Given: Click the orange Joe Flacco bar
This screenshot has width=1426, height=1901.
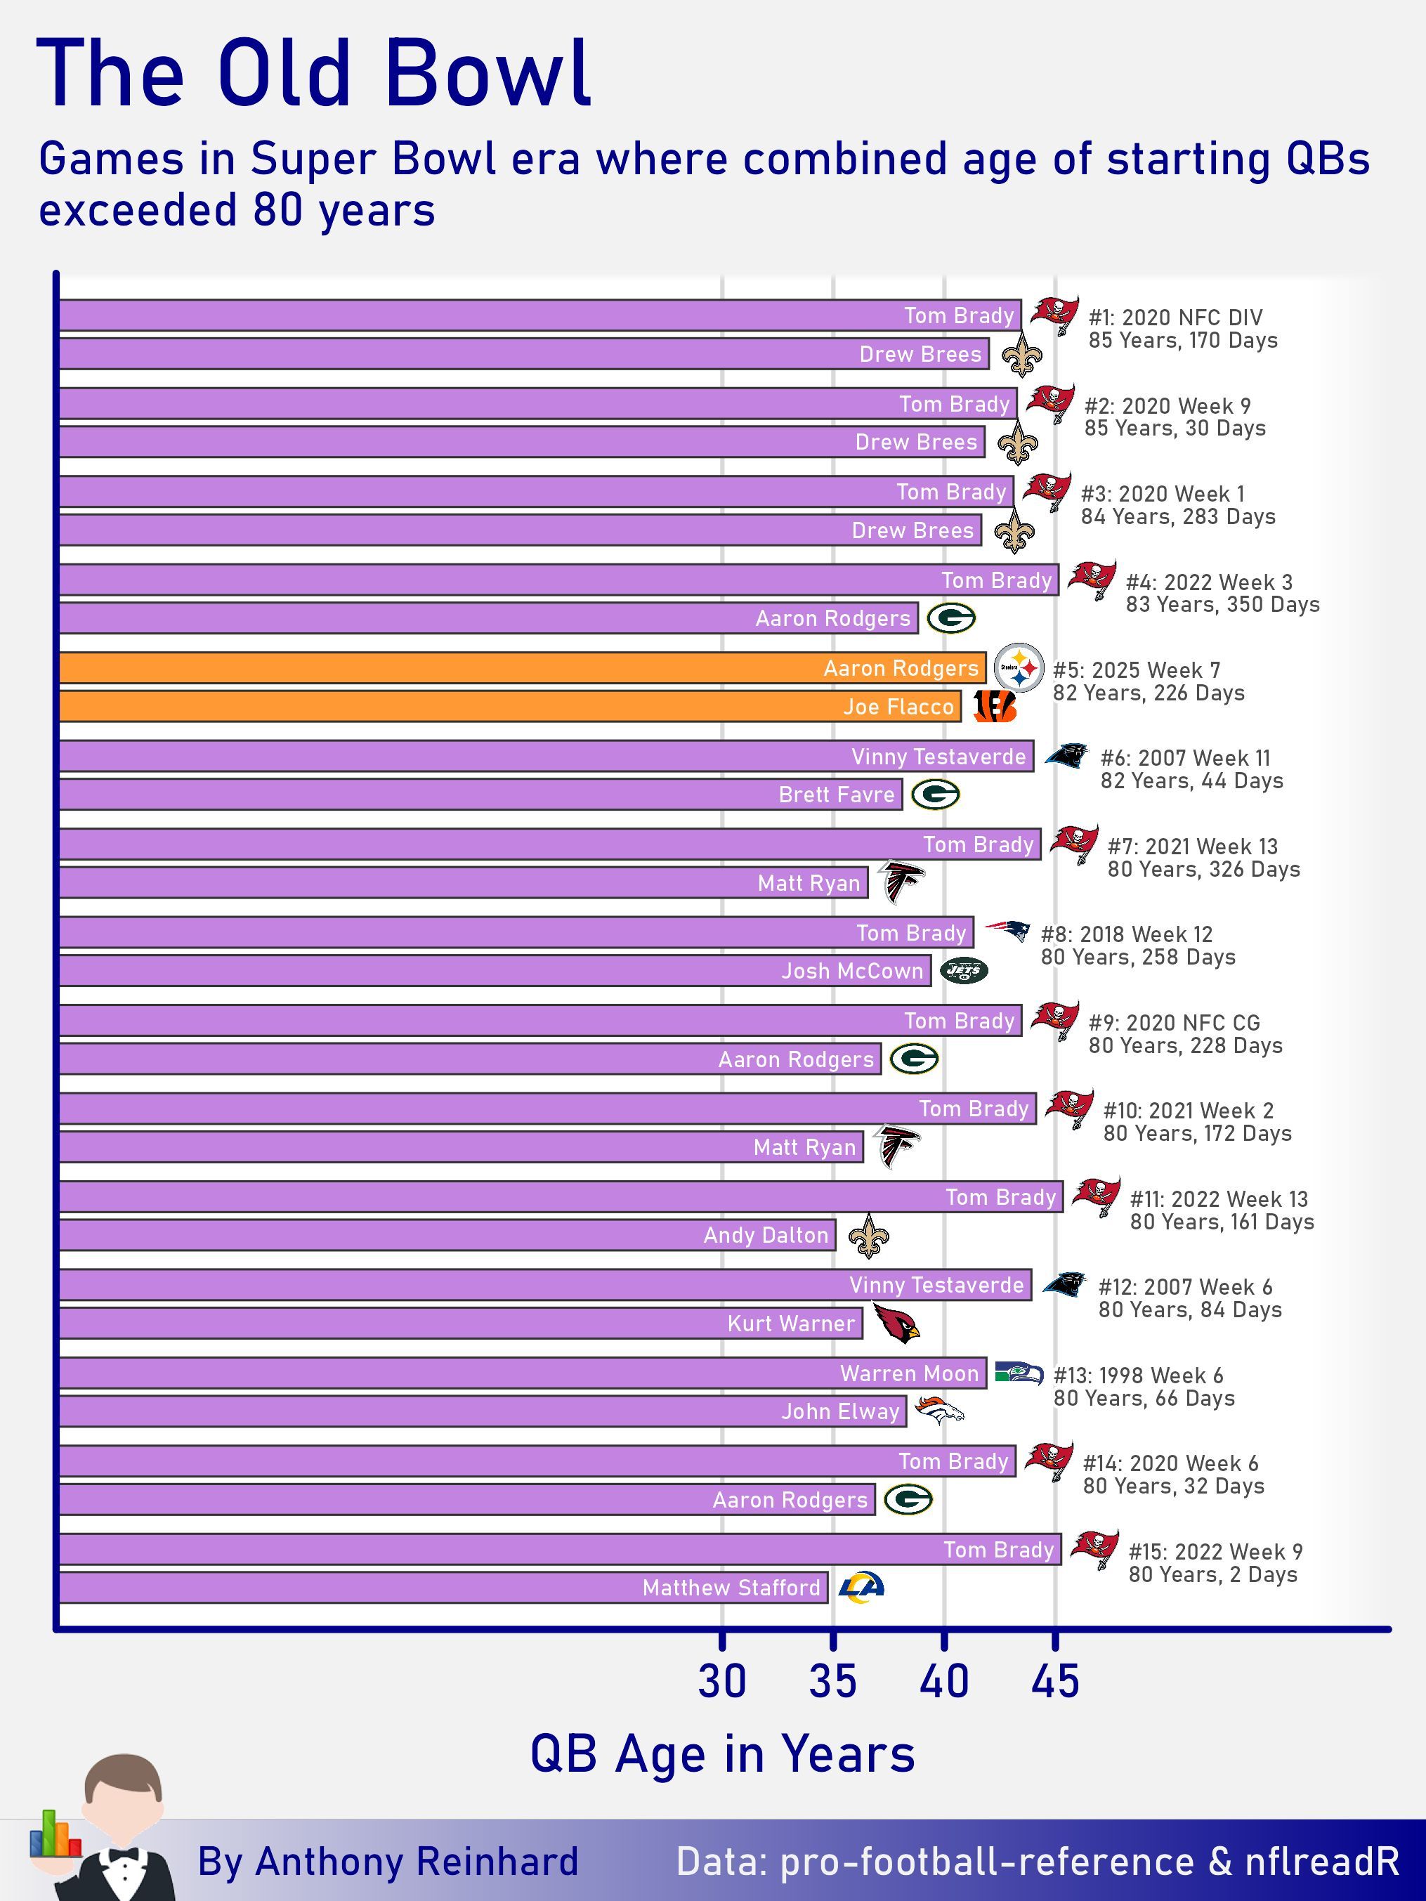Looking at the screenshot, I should point(509,707).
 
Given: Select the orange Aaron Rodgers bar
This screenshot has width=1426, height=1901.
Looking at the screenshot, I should point(522,669).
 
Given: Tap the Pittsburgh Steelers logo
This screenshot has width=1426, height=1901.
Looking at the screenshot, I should point(1019,668).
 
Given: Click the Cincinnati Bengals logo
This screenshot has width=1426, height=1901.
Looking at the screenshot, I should point(995,707).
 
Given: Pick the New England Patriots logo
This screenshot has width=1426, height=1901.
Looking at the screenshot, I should point(1007,931).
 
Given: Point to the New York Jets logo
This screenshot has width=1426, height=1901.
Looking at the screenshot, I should point(964,970).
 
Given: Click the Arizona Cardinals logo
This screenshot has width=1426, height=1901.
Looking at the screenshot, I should point(895,1324).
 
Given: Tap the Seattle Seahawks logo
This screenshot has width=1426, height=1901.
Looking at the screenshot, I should point(1019,1373).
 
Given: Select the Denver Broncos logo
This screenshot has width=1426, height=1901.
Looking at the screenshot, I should point(938,1410).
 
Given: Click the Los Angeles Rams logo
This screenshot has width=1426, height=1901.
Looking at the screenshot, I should point(861,1587).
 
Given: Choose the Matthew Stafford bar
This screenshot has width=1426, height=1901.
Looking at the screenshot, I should point(443,1587).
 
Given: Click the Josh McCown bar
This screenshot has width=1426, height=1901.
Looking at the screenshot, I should point(495,971).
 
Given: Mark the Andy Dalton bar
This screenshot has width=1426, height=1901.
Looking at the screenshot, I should point(447,1235).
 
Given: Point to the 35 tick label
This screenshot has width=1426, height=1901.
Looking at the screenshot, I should point(832,1681).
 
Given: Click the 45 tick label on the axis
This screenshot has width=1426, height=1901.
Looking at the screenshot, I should point(1054,1681).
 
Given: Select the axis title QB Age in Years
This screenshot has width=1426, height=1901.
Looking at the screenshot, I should point(722,1753).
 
